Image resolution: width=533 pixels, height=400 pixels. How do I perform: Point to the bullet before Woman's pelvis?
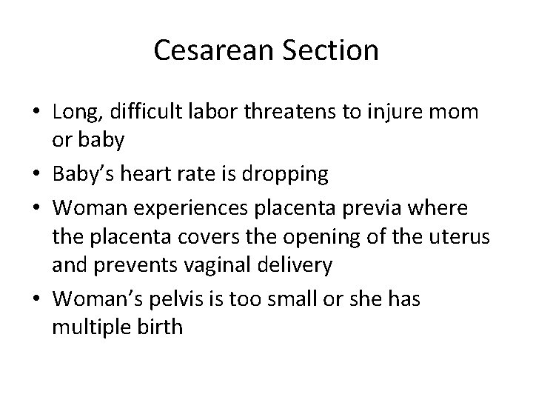click(35, 297)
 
